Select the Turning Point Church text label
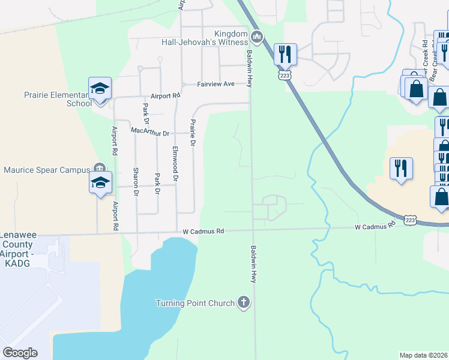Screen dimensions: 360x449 tap(195, 303)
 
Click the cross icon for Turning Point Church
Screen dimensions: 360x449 tap(243, 302)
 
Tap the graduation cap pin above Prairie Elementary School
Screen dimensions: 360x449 tap(100, 89)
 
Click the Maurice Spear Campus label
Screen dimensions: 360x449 tap(49, 170)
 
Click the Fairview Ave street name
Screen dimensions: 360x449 tap(215, 85)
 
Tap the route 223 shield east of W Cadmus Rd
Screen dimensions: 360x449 tap(411, 220)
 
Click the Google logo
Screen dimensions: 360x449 tap(20, 353)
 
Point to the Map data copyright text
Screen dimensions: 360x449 tap(424, 355)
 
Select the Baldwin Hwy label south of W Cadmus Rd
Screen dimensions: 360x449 tap(254, 264)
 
